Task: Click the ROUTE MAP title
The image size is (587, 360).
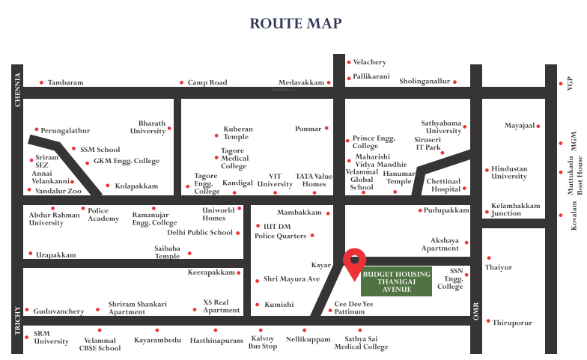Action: (295, 24)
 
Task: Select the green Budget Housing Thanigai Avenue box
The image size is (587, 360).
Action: (397, 281)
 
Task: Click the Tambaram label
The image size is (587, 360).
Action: (65, 82)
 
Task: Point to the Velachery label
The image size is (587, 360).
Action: (369, 62)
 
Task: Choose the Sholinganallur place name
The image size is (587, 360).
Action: (425, 81)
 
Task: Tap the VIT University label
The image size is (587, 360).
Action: (275, 180)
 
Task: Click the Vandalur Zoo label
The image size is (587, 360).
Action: (58, 191)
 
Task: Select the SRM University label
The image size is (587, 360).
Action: (51, 337)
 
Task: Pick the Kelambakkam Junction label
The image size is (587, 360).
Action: (515, 209)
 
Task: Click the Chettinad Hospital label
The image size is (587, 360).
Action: (444, 185)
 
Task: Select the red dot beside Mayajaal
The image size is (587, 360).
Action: (538, 126)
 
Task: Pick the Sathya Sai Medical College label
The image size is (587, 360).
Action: (362, 343)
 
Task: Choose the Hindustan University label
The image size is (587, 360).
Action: (509, 173)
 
